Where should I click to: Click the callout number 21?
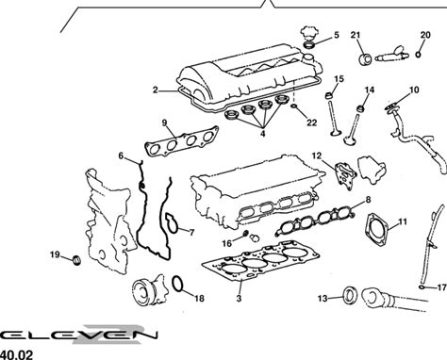tap(356, 35)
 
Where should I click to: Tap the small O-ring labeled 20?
tap(418, 55)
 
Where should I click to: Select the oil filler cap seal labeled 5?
tap(309, 45)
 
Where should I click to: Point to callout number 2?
tap(156, 90)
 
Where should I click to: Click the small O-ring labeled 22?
tap(294, 106)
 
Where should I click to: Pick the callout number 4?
tap(263, 134)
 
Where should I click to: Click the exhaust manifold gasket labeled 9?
tap(182, 140)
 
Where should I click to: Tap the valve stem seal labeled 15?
tap(329, 95)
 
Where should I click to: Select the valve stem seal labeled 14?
tap(360, 108)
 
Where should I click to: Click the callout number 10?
tap(414, 90)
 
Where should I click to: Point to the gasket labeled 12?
tap(346, 176)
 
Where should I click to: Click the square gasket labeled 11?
tap(377, 230)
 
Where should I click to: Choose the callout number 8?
tap(368, 199)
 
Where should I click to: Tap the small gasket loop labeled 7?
tap(173, 223)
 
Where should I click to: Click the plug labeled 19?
tap(76, 260)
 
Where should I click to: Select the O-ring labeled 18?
tap(177, 284)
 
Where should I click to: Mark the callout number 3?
tap(239, 298)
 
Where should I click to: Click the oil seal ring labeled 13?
tap(349, 296)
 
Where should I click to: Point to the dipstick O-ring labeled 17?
tap(422, 287)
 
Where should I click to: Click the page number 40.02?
tap(16, 355)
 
